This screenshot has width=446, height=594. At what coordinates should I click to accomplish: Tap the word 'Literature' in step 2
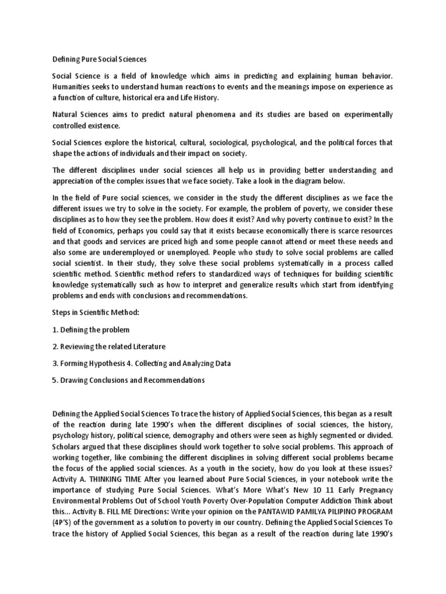[x=145, y=346]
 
